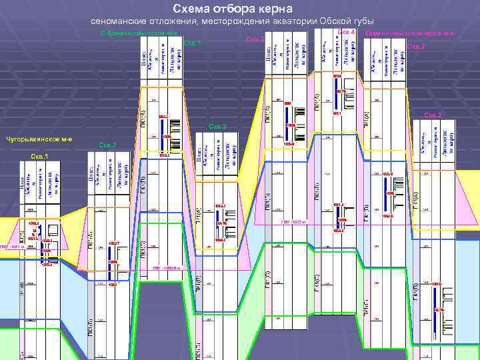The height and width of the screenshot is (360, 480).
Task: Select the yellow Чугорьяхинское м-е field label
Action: [x=40, y=139]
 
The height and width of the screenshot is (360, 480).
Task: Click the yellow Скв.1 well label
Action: [x=39, y=157]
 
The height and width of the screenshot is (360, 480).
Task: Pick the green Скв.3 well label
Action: [x=107, y=145]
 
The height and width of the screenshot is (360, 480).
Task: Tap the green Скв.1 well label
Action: [x=192, y=44]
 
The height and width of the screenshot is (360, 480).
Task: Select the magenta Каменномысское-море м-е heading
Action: [x=410, y=33]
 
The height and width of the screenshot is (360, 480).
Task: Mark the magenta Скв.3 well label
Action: [x=255, y=40]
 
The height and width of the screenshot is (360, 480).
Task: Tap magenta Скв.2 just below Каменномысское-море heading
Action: [x=415, y=47]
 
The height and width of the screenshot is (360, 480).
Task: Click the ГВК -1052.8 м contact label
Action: [x=166, y=268]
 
